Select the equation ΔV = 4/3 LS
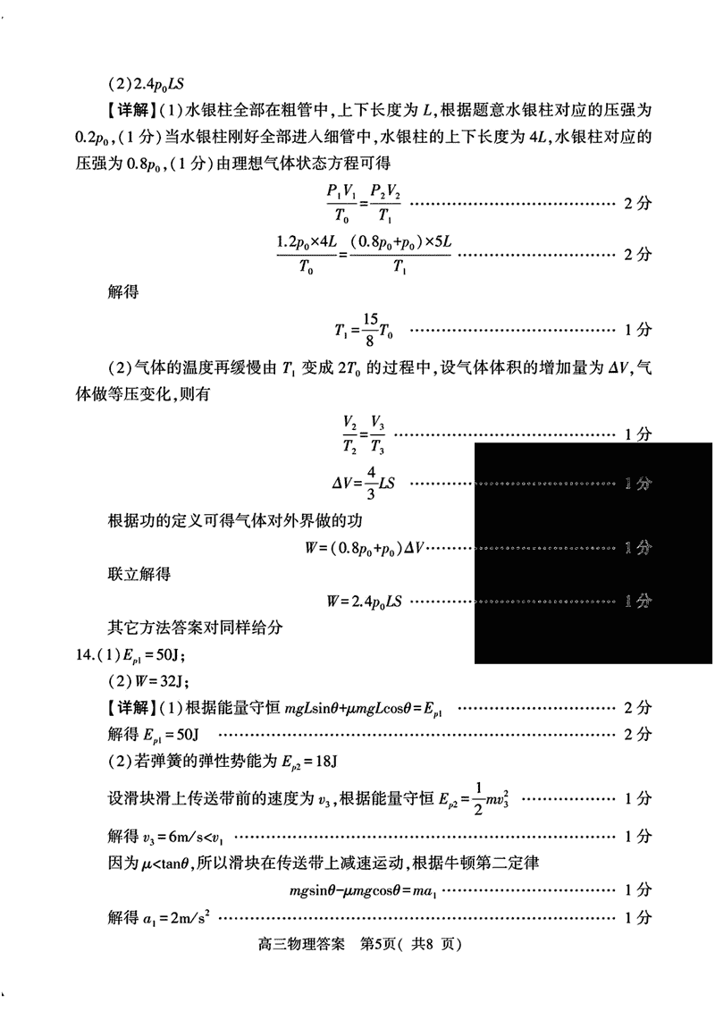(x=363, y=484)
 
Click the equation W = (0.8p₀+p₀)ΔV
(x=367, y=547)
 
